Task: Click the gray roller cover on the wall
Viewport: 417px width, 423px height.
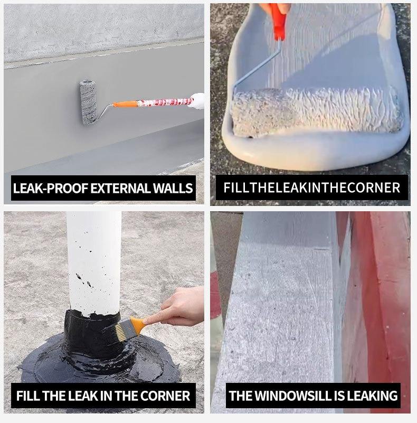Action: (x=88, y=102)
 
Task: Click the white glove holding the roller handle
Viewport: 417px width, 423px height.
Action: (x=197, y=101)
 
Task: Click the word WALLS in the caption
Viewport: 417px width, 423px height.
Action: (x=173, y=188)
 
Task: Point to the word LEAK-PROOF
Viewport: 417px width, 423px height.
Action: (x=51, y=188)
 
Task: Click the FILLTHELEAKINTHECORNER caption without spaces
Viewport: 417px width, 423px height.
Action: (x=311, y=187)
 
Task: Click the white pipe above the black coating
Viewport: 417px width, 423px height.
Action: (x=93, y=262)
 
